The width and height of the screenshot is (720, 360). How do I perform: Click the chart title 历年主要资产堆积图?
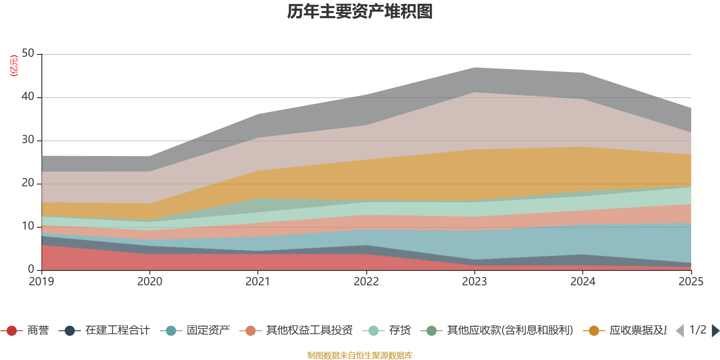[x=360, y=12]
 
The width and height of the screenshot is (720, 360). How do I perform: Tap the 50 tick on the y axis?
[x=28, y=54]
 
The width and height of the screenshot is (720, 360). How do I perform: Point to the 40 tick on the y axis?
[x=28, y=97]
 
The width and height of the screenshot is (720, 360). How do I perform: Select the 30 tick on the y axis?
[x=28, y=140]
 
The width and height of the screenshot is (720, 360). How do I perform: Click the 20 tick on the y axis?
[x=28, y=183]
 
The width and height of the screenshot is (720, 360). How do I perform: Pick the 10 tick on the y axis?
[x=28, y=226]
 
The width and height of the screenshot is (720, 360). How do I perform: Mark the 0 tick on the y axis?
[x=31, y=269]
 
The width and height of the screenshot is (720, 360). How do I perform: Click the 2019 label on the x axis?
[x=41, y=282]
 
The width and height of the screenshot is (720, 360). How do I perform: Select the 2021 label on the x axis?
[x=258, y=282]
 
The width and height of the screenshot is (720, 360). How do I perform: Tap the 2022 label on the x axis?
[x=366, y=282]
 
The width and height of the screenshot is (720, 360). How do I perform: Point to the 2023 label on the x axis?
[x=474, y=282]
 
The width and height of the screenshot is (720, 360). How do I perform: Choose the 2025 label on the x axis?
[x=690, y=282]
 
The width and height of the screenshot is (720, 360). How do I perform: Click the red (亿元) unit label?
[x=14, y=66]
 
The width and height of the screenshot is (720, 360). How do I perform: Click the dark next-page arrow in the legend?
[x=715, y=331]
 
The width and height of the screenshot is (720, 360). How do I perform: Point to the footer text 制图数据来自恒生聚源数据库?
[x=360, y=355]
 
